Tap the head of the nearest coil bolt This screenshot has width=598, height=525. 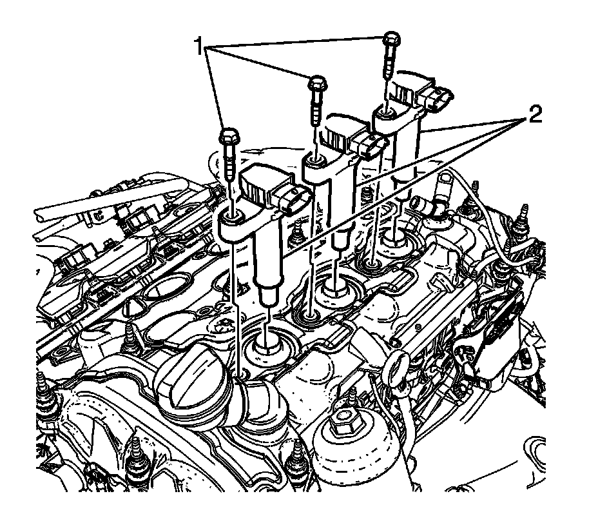coord(229,137)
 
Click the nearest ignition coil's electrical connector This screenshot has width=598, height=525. coord(290,201)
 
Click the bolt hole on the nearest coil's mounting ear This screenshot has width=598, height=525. coord(235,216)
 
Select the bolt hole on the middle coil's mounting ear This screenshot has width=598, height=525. coord(316,160)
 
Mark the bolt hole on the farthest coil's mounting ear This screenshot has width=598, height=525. coord(386,114)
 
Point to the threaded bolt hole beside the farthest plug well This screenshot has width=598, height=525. coord(372,263)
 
